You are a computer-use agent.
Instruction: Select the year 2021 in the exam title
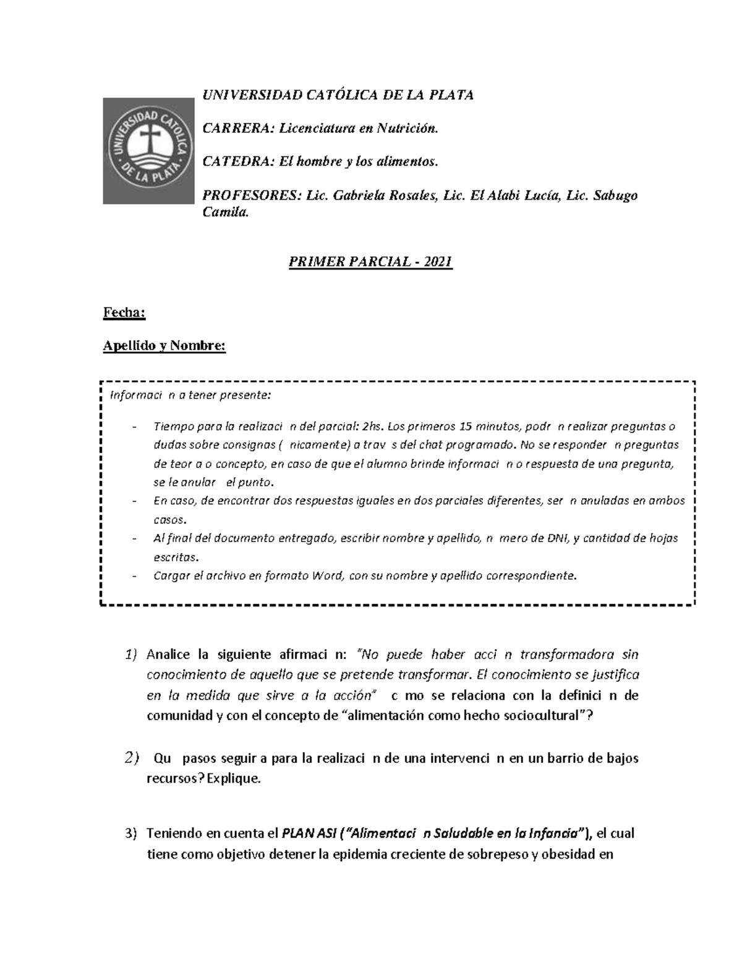pos(439,262)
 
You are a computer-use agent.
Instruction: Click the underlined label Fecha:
pos(124,313)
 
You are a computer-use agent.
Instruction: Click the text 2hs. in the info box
pos(374,426)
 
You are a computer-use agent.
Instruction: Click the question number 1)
pos(130,655)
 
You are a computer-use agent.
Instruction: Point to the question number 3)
pos(130,833)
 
